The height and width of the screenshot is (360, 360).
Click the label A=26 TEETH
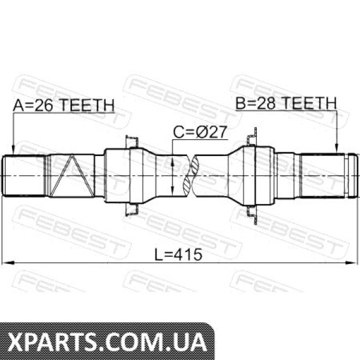click(x=64, y=106)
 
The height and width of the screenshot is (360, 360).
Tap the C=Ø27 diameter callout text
click(x=200, y=132)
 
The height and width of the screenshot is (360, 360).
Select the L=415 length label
click(x=178, y=254)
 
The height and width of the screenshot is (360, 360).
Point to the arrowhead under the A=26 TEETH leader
click(x=13, y=151)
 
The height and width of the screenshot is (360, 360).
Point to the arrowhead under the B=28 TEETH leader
click(x=337, y=148)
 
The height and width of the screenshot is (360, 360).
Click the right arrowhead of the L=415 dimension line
click(x=352, y=263)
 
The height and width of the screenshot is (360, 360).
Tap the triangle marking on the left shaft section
click(x=72, y=176)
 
